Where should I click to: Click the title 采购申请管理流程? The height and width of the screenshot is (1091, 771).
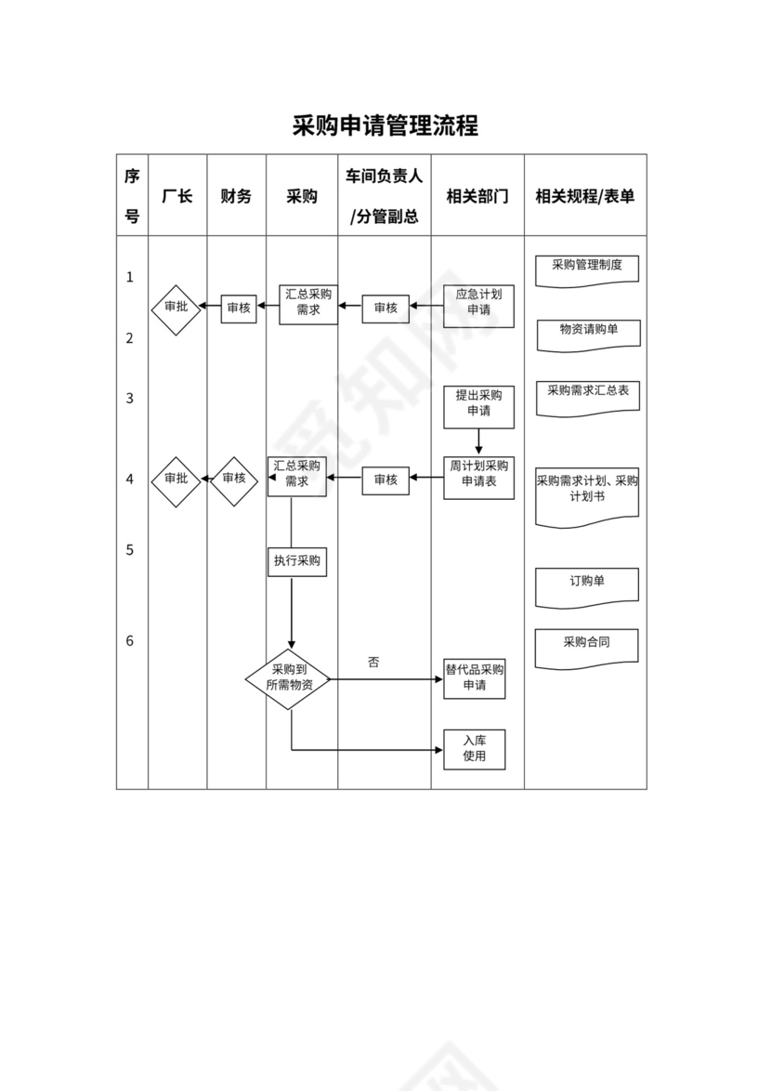tap(385, 126)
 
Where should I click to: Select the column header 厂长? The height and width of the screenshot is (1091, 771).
tap(177, 196)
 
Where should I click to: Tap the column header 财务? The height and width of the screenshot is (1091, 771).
tap(236, 196)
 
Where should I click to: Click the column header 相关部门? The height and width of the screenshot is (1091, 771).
tap(477, 196)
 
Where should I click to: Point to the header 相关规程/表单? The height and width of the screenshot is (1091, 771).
tap(585, 196)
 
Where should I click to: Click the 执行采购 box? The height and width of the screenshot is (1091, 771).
tap(297, 561)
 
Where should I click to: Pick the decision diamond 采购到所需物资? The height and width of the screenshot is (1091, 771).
tap(291, 679)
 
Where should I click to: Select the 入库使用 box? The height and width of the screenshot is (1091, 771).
tap(475, 749)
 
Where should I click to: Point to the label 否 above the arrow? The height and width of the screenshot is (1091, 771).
tap(373, 663)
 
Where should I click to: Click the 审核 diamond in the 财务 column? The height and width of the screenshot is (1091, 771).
tap(234, 480)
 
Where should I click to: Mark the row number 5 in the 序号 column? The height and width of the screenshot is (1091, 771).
tap(130, 550)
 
